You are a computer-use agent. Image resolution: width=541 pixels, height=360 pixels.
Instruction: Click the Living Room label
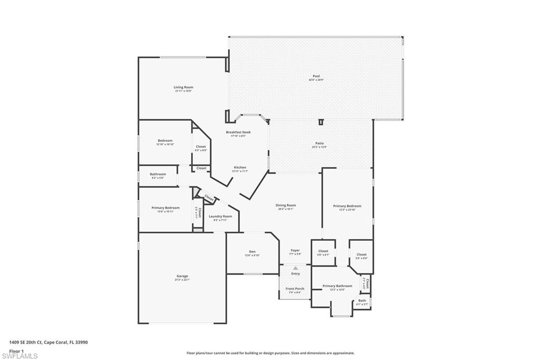[x=183, y=87]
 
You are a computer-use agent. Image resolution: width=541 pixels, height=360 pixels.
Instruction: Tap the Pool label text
[x=316, y=76]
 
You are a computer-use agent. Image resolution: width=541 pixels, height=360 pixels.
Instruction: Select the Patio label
[x=319, y=143]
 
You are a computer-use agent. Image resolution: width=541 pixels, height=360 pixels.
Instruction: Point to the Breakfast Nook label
[x=238, y=132]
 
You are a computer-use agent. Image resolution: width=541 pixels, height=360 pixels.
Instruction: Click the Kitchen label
[x=240, y=167]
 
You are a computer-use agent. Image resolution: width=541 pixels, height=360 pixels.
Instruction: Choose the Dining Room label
[x=285, y=205]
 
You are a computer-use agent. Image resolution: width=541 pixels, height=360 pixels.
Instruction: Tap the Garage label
[x=182, y=276]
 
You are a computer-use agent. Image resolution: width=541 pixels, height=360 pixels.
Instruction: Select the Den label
[x=252, y=251]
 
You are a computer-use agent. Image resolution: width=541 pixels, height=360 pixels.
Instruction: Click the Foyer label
[x=295, y=250]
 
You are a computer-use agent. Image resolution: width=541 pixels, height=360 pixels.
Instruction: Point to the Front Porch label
[x=295, y=289]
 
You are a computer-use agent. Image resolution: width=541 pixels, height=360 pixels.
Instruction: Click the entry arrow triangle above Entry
[x=295, y=268]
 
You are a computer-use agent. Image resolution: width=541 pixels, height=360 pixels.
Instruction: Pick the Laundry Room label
[x=220, y=216]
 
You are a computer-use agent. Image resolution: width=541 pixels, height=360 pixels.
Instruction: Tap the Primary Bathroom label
[x=337, y=286]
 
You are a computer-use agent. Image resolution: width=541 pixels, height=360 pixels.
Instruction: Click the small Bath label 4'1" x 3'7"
[x=362, y=300]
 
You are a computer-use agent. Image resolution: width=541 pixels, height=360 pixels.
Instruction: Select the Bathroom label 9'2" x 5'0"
[x=157, y=174]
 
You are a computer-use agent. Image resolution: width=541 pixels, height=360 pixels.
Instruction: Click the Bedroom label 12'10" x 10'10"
[x=165, y=140]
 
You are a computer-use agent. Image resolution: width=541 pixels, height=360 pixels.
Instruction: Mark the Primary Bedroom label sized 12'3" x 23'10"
[x=347, y=206]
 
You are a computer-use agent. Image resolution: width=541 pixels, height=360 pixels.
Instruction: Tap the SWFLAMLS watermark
[x=20, y=356]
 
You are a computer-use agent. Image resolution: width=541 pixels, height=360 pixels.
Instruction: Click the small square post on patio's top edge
[x=321, y=122]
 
